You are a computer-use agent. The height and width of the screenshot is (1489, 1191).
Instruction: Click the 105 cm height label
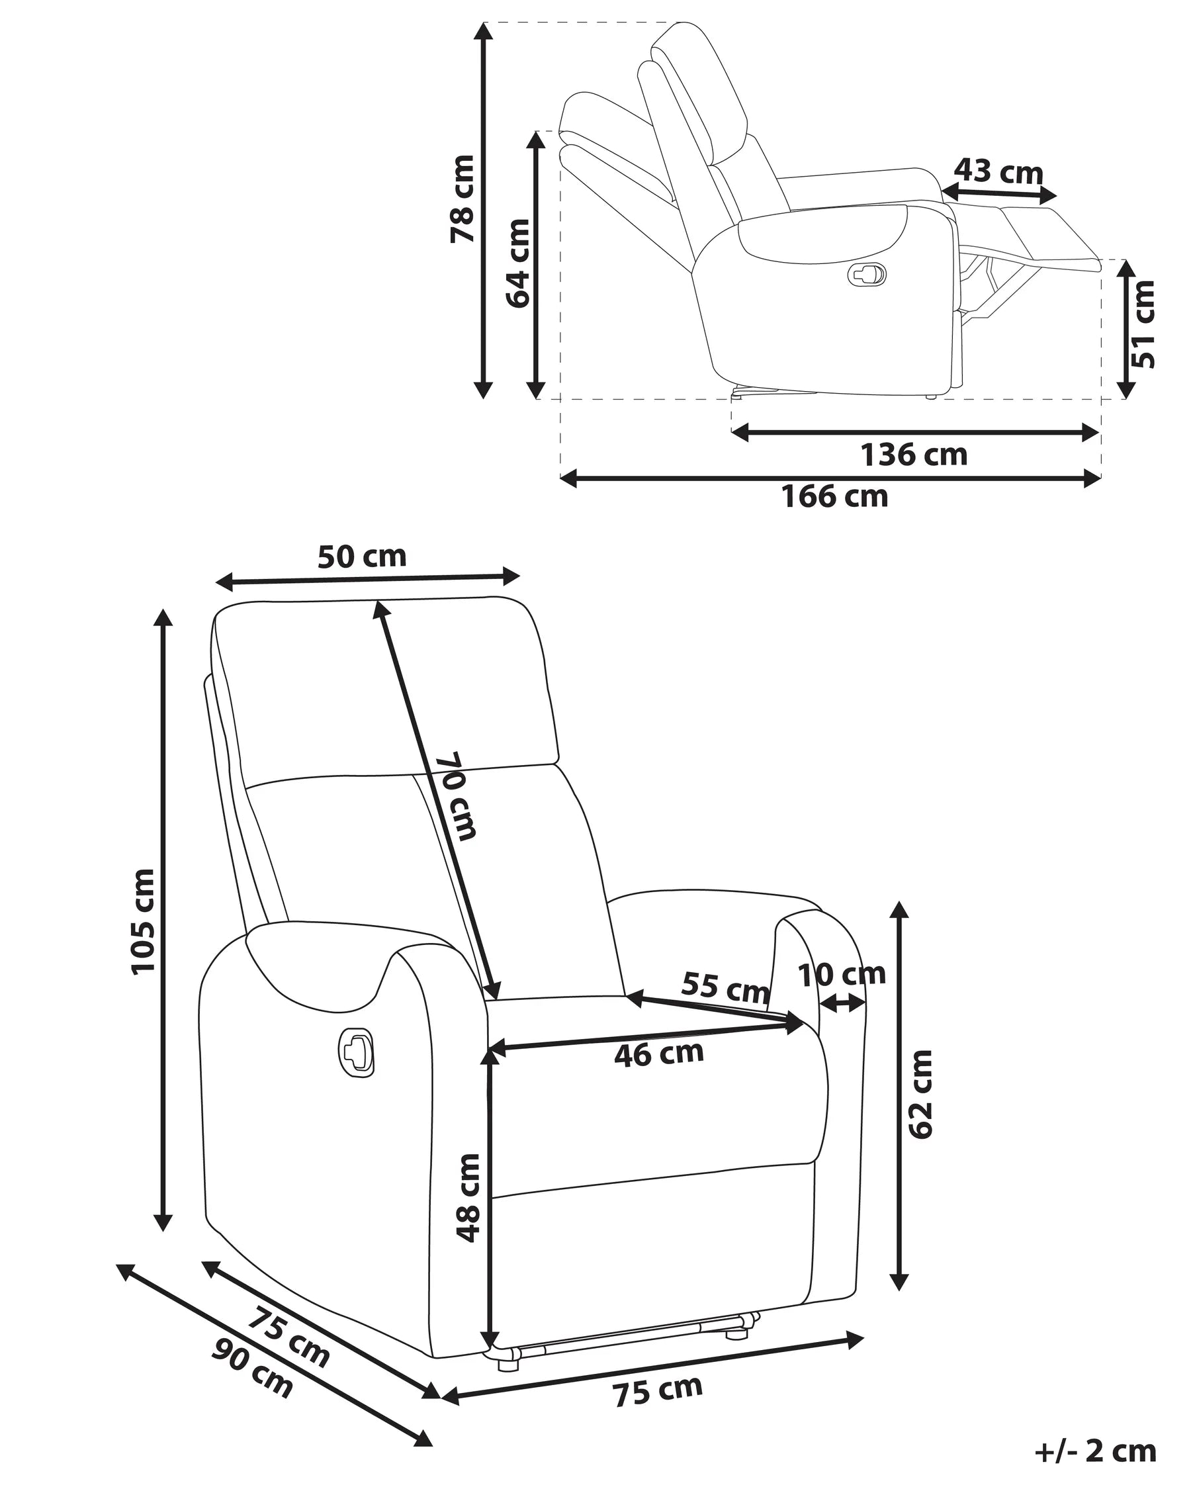tap(143, 921)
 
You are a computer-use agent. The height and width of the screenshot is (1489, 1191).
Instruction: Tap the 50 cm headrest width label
tap(362, 557)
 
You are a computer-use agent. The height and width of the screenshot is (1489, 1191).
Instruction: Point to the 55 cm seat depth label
tap(725, 987)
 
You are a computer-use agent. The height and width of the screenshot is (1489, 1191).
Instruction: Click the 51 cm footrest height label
tap(1143, 324)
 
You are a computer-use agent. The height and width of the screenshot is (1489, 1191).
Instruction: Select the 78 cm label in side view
tap(463, 199)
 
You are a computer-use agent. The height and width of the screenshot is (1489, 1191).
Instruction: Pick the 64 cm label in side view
tap(518, 263)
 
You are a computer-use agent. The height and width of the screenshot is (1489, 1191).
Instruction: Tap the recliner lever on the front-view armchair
tap(356, 1052)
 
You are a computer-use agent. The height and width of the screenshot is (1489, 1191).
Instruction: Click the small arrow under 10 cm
tap(841, 1004)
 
